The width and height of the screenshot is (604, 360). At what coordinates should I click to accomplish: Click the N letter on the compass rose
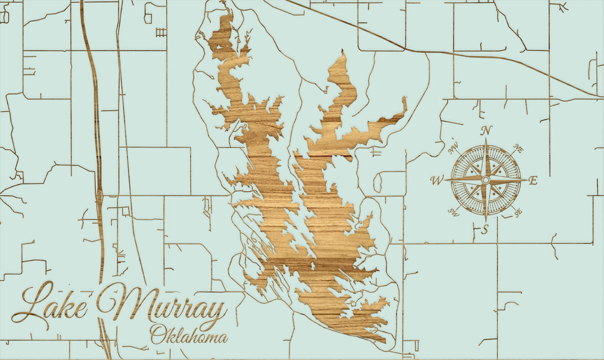click(x=487, y=130)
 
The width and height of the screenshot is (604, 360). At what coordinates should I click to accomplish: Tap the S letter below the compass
click(x=485, y=228)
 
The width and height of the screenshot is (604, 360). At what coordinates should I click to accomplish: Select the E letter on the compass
click(x=533, y=180)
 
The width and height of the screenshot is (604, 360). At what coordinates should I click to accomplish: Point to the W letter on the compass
click(x=437, y=180)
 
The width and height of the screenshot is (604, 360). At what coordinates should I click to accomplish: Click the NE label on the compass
click(x=518, y=149)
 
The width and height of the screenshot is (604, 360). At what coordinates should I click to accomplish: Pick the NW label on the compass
click(x=454, y=149)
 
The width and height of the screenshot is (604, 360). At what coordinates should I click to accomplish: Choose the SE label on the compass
click(x=517, y=212)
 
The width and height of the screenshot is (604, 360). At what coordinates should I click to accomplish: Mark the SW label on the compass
click(x=454, y=212)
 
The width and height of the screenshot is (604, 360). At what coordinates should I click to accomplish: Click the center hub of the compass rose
click(x=485, y=180)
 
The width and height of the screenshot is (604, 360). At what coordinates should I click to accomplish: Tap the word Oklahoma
click(x=188, y=335)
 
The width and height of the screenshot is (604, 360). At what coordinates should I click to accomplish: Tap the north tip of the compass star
click(x=485, y=139)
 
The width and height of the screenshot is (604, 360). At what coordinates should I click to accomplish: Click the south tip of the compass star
click(x=485, y=221)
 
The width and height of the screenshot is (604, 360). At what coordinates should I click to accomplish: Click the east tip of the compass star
click(x=526, y=180)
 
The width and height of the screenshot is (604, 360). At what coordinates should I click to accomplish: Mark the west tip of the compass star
click(x=445, y=180)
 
